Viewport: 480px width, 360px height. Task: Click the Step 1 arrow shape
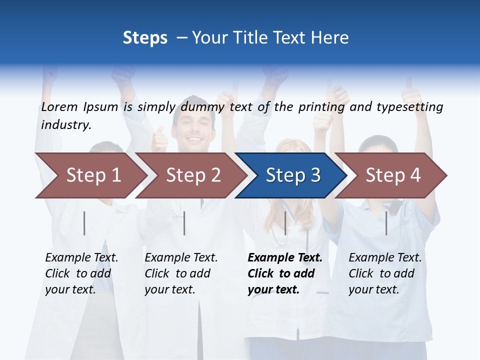(x=90, y=175)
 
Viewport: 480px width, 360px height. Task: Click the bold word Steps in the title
(x=145, y=38)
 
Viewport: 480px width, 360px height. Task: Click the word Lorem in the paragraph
(x=59, y=107)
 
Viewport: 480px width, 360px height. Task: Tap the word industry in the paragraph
(x=65, y=124)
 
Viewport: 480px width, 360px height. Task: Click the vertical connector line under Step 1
(x=84, y=223)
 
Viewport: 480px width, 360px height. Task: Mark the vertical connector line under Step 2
(x=184, y=223)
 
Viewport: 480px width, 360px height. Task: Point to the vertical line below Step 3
(x=285, y=223)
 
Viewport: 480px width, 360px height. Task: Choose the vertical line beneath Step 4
(x=386, y=223)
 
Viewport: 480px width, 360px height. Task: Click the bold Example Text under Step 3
(x=285, y=258)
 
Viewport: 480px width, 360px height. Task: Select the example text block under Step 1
(x=81, y=273)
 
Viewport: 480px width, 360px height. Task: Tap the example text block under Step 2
(x=181, y=273)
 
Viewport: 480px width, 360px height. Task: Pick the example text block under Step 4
(x=385, y=273)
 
